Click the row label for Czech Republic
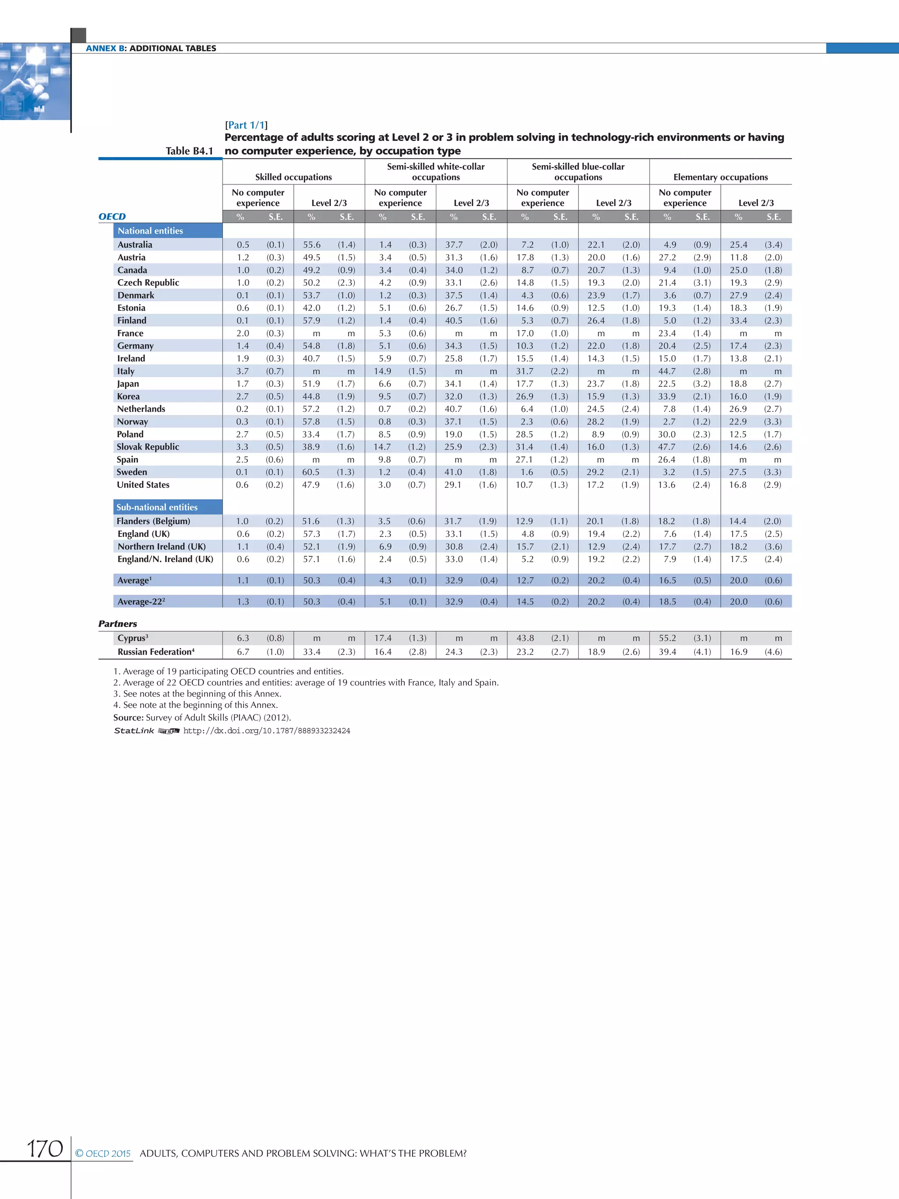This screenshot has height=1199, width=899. click(x=148, y=282)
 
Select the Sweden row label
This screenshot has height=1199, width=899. click(x=132, y=472)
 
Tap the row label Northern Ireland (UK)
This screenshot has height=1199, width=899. click(x=162, y=547)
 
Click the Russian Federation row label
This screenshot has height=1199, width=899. click(x=155, y=652)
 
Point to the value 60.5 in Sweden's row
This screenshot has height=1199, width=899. click(x=311, y=472)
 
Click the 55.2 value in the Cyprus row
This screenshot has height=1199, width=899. click(x=667, y=638)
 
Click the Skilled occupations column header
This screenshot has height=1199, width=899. click(x=293, y=177)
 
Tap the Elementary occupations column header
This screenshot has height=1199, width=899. click(x=720, y=177)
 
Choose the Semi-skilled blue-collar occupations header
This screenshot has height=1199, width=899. click(x=578, y=172)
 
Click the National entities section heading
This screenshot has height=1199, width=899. click(x=150, y=231)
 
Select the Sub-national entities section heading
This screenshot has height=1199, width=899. click(x=157, y=508)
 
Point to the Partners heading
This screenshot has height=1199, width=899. click(x=118, y=624)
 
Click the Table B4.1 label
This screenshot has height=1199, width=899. click(x=189, y=151)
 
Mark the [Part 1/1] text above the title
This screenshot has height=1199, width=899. click(x=246, y=125)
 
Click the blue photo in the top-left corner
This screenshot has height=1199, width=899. click(x=35, y=81)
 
